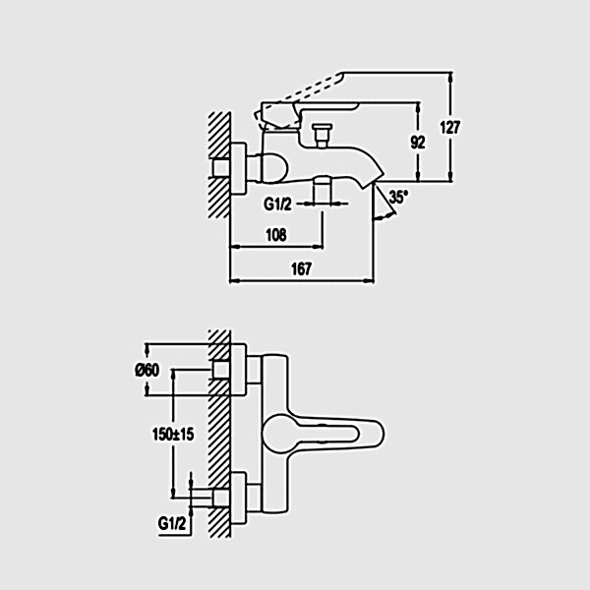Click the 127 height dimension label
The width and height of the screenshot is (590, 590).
coord(450,128)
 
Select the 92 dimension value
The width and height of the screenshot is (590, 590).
coord(418,143)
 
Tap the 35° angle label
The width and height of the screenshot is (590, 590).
coord(398,197)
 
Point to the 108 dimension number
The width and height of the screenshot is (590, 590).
coord(276,235)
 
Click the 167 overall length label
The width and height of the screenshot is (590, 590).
coord(302,269)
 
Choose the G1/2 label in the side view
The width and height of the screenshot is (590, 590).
coord(277,205)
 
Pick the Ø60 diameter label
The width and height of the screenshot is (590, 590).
coord(147,371)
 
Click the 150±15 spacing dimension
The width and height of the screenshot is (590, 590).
coord(173,435)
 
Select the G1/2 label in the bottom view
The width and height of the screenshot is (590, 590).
coord(172,523)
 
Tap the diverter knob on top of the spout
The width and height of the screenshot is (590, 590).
coord(322,135)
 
